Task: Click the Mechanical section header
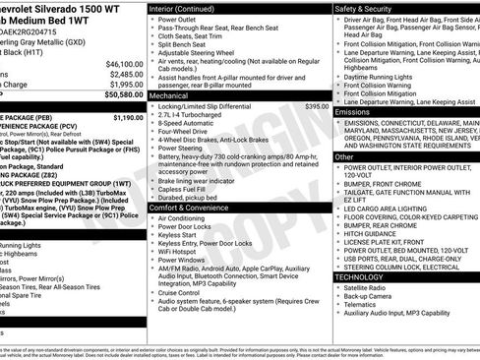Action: pos(169,95)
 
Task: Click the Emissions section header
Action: pos(354,112)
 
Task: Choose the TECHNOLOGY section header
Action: pos(361,276)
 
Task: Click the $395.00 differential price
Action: pos(317,105)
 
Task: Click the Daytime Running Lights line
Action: pos(384,76)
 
